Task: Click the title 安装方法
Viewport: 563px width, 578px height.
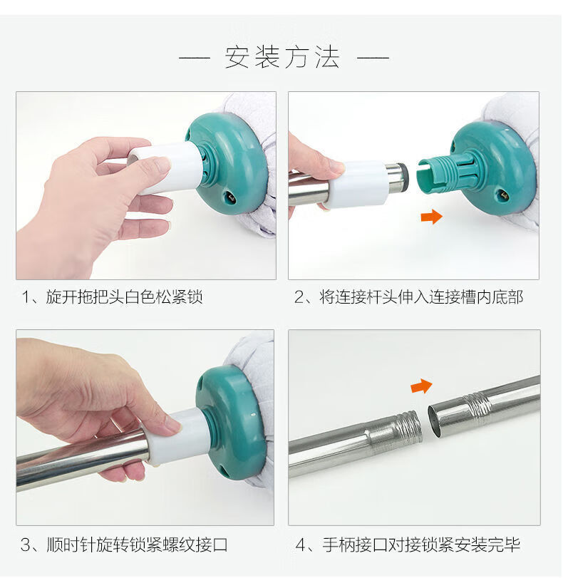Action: coord(282,58)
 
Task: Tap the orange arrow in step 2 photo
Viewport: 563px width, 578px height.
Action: coord(431,217)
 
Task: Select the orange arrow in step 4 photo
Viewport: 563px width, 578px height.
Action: coord(421,386)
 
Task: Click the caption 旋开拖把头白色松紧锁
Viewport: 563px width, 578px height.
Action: coord(124,297)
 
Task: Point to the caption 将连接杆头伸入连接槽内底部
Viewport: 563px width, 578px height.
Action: coord(421,297)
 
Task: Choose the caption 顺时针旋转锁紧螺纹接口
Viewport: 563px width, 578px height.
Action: coord(137,545)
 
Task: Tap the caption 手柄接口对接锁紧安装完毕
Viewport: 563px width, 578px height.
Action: coord(421,545)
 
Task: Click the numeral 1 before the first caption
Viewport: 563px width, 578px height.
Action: coord(26,297)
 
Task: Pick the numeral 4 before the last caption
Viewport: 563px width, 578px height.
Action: coord(301,545)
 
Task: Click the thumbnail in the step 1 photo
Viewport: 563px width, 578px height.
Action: coord(161,164)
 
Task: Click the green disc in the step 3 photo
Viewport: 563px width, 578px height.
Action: coord(232,423)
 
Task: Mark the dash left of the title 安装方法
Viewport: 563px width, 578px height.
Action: coord(195,58)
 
